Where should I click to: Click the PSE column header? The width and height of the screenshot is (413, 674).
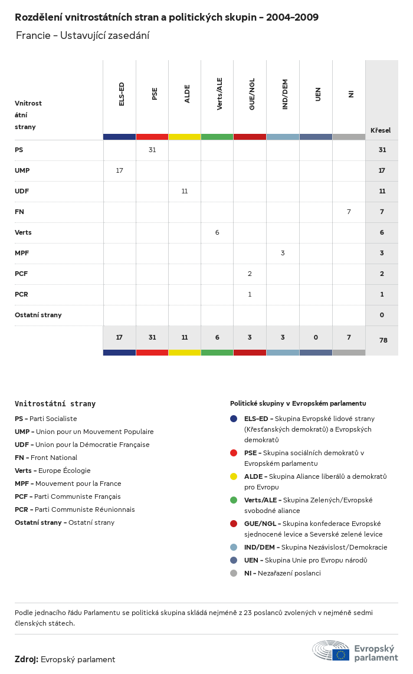(x=155, y=94)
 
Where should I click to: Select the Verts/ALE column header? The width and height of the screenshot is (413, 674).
(x=219, y=94)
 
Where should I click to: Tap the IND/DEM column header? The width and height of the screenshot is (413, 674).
(x=285, y=94)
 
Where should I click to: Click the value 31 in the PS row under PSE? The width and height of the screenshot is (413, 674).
(x=152, y=150)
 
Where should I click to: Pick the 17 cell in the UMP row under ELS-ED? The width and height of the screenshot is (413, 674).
(x=119, y=170)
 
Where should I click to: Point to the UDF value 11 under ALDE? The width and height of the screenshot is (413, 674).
(x=185, y=191)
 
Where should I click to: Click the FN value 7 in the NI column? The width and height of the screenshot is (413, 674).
(x=349, y=212)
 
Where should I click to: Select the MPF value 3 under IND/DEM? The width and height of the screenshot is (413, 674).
(x=283, y=253)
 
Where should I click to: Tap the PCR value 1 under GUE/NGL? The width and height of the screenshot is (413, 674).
(x=250, y=294)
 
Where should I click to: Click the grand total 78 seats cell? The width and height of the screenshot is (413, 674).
(x=382, y=340)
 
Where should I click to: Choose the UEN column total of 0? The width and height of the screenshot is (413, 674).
(x=316, y=337)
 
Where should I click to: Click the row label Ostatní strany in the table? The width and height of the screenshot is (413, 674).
(x=38, y=315)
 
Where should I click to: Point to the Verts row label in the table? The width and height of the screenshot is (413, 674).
(x=23, y=232)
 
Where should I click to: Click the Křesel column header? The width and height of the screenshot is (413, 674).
(x=381, y=130)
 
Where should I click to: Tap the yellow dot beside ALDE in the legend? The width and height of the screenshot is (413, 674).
(x=234, y=476)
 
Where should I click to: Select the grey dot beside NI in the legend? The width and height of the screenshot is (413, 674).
(x=234, y=573)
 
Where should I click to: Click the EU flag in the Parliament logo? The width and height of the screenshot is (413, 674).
(x=340, y=655)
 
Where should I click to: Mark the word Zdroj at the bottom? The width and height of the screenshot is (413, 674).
(x=27, y=659)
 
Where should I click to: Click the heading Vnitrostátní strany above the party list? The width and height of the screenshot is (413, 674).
(x=55, y=404)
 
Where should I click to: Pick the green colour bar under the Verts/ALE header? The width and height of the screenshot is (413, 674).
(x=217, y=137)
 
